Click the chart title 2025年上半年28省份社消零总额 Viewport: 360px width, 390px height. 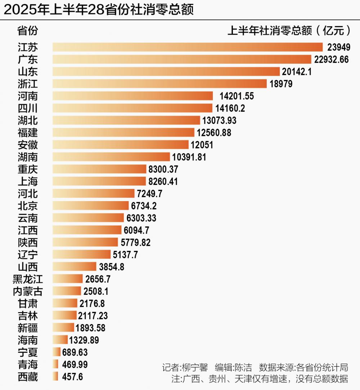pyautogui.click(x=99, y=10)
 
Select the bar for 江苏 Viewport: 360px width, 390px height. pyautogui.click(x=187, y=47)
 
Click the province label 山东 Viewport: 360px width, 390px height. pyautogui.click(x=28, y=72)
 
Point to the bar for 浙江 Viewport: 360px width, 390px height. pyautogui.click(x=159, y=84)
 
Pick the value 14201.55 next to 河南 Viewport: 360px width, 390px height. pyautogui.click(x=237, y=96)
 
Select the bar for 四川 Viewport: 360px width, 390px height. pyautogui.click(x=132, y=108)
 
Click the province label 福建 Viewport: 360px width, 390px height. pyautogui.click(x=28, y=133)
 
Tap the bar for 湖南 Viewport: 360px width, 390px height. pyautogui.click(x=111, y=157)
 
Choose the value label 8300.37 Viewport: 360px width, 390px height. pyautogui.click(x=163, y=169)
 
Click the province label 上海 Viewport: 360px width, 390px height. pyautogui.click(x=28, y=181)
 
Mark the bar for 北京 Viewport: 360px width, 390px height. pyautogui.click(x=90, y=205)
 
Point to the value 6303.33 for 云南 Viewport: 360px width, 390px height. pyautogui.click(x=141, y=218)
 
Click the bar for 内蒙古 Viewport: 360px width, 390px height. pyautogui.click(x=67, y=291)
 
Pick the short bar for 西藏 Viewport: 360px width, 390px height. pyautogui.click(x=55, y=377)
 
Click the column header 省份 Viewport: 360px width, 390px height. pyautogui.click(x=28, y=31)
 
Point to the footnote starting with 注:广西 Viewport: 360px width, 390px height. pyautogui.click(x=260, y=379)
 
